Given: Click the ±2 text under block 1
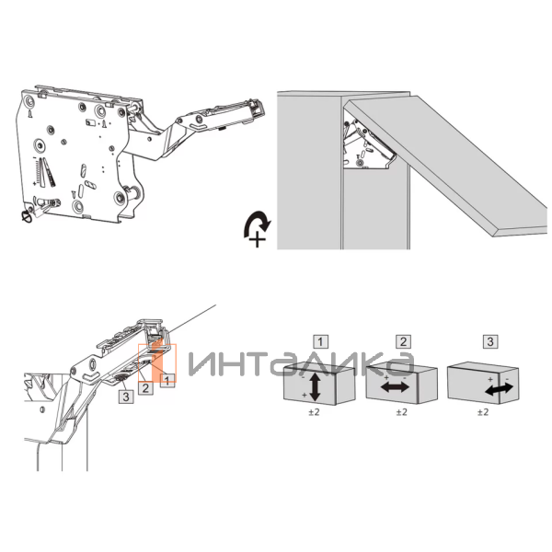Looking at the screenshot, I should (312, 413).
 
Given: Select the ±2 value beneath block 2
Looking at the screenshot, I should (400, 413).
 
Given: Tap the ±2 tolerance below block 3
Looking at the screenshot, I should (482, 413).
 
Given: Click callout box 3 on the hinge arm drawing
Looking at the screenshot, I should (125, 397).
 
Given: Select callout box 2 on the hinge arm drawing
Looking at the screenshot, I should (145, 388).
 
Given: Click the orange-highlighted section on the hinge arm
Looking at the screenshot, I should (155, 354).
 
